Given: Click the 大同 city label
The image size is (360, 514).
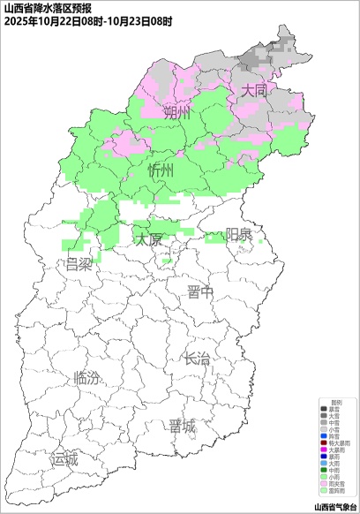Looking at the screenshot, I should pyautogui.click(x=254, y=91).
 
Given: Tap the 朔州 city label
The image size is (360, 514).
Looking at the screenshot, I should pyautogui.click(x=176, y=114).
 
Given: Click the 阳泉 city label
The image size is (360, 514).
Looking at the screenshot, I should pyautogui.click(x=238, y=234).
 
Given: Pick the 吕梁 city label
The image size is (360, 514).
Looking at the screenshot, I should pyautogui.click(x=79, y=264).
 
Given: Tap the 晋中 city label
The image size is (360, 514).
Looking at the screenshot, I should pyautogui.click(x=199, y=293).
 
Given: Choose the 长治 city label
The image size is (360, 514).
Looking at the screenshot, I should pyautogui.click(x=197, y=359).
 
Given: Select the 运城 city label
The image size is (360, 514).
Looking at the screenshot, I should pyautogui.click(x=64, y=459).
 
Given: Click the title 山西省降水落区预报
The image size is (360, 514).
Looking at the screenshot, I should pyautogui.click(x=41, y=7).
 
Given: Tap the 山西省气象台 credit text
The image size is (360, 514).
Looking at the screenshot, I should pyautogui.click(x=334, y=506).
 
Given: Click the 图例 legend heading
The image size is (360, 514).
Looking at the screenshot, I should pyautogui.click(x=336, y=402).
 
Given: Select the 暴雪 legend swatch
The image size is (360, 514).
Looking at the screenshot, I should pyautogui.click(x=323, y=410).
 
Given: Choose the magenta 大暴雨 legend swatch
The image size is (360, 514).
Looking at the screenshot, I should pyautogui.click(x=323, y=450).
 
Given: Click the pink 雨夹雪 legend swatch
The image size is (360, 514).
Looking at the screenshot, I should pyautogui.click(x=323, y=484).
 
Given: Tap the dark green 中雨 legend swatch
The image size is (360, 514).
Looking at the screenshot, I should pyautogui.click(x=323, y=470).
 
